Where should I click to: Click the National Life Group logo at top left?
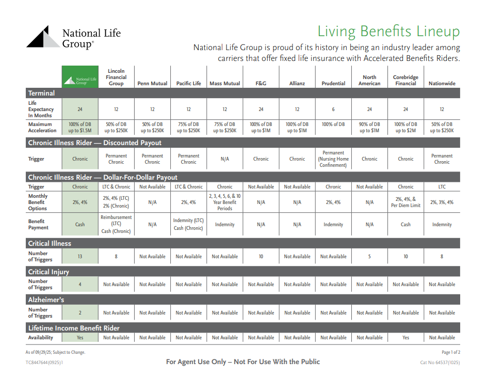[x=73, y=38]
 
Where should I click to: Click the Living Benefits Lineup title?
[x=388, y=32]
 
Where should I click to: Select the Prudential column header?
[x=333, y=83]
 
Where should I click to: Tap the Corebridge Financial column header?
[x=405, y=80]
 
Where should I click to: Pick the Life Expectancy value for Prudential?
[x=333, y=109]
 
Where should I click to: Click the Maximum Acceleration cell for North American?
[x=369, y=128]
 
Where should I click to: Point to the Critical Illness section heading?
[x=50, y=243]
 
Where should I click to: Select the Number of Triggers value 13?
[x=80, y=256]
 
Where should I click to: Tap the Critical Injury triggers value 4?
[x=80, y=285]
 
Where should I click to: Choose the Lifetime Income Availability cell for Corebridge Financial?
[x=405, y=338]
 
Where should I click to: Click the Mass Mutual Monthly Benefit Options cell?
[x=225, y=202]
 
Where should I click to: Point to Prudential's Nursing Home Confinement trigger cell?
[x=333, y=159]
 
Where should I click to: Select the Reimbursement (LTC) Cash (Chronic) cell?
[x=117, y=225]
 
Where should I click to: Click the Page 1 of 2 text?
[x=450, y=352]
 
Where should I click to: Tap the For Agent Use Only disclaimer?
[x=242, y=362]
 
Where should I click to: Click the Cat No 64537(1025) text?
[x=440, y=363]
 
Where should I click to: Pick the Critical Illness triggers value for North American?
[x=369, y=256]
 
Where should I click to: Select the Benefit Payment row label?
[x=38, y=225]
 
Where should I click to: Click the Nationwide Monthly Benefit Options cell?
[x=442, y=202]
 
